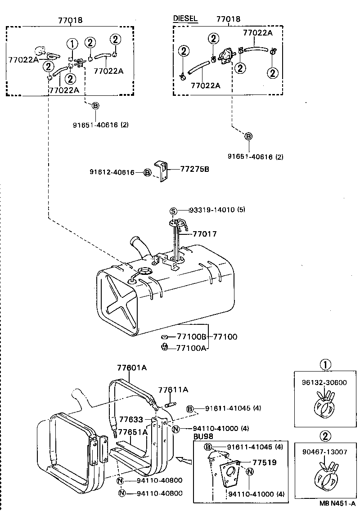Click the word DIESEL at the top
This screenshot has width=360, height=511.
click(x=185, y=18)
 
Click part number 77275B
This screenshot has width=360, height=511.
click(x=194, y=169)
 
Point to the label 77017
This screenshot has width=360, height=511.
click(x=205, y=234)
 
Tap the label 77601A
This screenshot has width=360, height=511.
click(x=132, y=368)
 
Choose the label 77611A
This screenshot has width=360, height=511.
click(x=173, y=390)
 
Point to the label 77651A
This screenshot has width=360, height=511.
click(x=132, y=432)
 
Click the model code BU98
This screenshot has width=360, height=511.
click(x=203, y=436)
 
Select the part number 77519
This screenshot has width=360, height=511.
click(x=264, y=462)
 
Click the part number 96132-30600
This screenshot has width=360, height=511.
click(x=324, y=383)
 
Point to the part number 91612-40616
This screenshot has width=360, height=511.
click(x=112, y=172)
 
